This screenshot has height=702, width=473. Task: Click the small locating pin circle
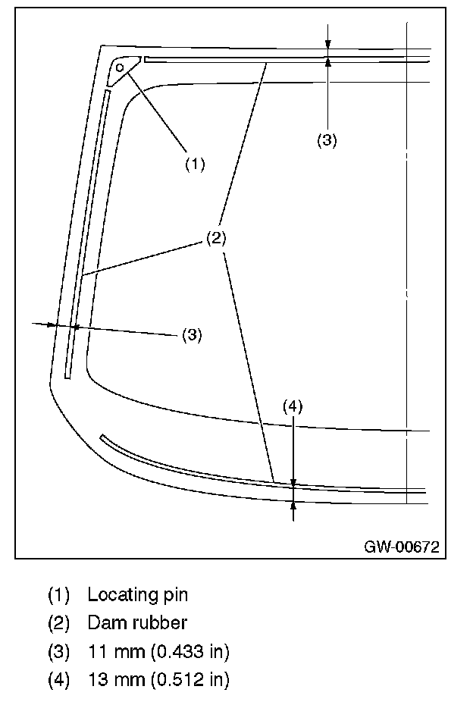tap(120, 67)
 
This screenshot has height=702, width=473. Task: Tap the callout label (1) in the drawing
tap(195, 164)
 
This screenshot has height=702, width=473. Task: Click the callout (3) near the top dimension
tap(327, 140)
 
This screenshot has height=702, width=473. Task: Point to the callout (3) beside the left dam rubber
tap(192, 334)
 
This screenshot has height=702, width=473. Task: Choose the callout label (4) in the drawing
tap(293, 407)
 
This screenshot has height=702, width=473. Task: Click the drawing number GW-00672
tap(401, 546)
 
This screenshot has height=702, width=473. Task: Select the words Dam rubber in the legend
tap(137, 623)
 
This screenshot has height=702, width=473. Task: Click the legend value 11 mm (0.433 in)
tap(158, 651)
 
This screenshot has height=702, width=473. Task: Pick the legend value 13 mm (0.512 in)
tap(158, 680)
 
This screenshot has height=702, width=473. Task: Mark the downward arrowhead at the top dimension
tap(327, 52)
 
